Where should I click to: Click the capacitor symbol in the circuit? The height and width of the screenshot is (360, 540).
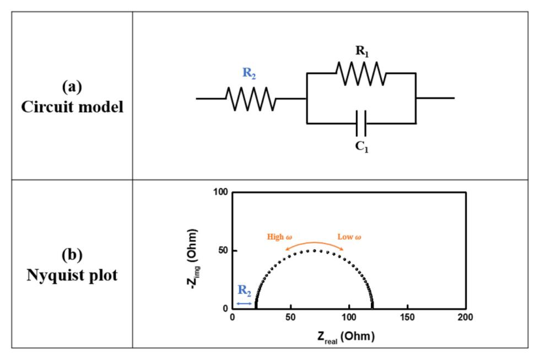point(361,123)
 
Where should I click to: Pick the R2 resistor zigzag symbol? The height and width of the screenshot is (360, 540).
point(250,99)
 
